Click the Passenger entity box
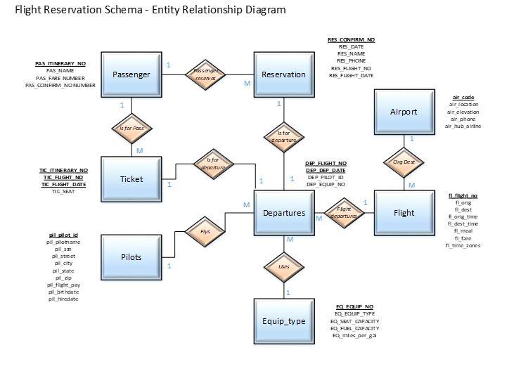click(x=131, y=74)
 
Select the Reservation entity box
click(x=283, y=74)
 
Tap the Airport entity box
click(x=404, y=112)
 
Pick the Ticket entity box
click(x=131, y=179)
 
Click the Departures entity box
click(x=283, y=213)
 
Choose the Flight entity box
click(x=404, y=213)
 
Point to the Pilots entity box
click(x=131, y=257)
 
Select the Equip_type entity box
click(x=283, y=321)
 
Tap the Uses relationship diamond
click(x=283, y=267)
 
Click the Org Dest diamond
click(x=404, y=162)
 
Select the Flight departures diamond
click(x=344, y=213)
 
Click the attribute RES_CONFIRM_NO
click(x=351, y=40)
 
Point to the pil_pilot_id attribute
click(x=63, y=235)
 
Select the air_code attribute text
click(x=463, y=97)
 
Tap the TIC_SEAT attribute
click(x=63, y=191)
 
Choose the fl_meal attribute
click(x=463, y=230)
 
